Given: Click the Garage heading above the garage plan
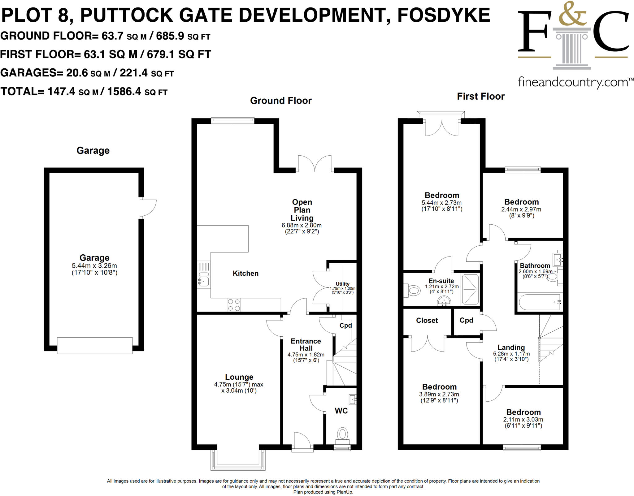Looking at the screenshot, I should [93, 151].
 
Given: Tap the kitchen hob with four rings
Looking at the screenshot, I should [234, 305].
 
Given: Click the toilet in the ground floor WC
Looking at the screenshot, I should [342, 434].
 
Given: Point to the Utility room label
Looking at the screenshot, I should [342, 284].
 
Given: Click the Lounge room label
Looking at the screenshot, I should [239, 377].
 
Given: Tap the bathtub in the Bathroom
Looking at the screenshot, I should [540, 302].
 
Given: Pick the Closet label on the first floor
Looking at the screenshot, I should [427, 321].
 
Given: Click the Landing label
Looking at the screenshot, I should [511, 347].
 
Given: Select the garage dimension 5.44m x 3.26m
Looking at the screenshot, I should [94, 266].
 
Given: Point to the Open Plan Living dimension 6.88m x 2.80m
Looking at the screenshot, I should [302, 225].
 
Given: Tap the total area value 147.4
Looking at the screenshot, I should [61, 92].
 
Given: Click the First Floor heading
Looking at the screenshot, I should [480, 97].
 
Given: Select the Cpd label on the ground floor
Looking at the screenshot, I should [345, 326].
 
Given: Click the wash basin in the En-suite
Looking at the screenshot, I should [444, 301].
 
